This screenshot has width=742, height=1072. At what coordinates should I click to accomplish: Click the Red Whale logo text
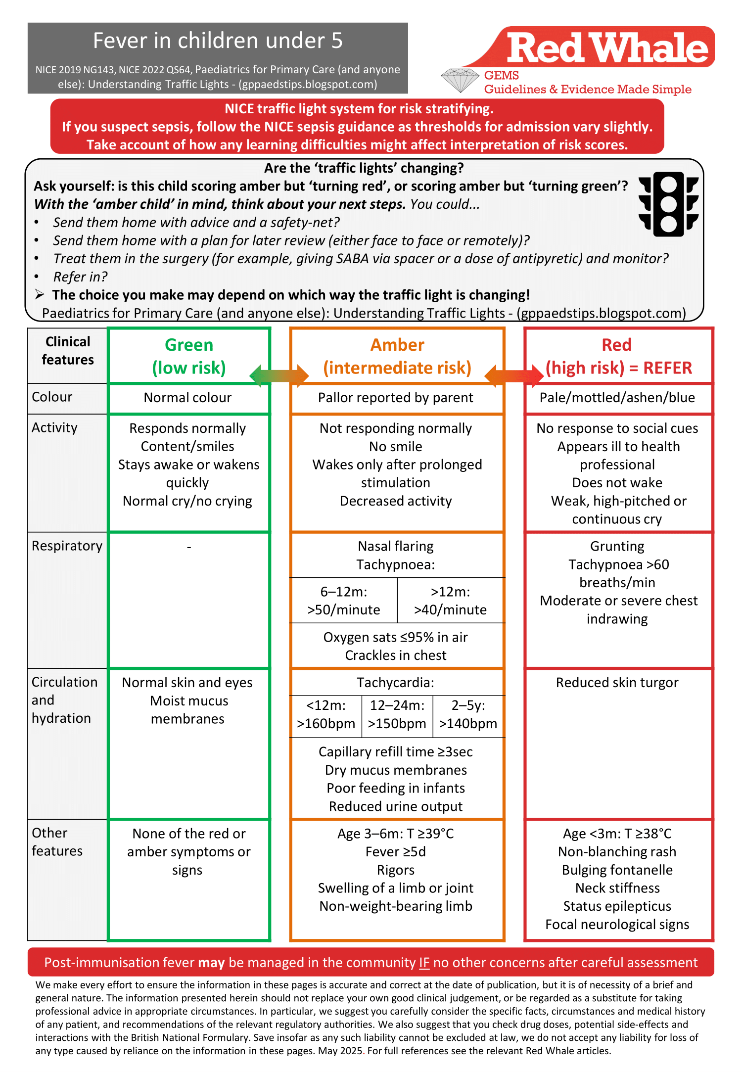(607, 48)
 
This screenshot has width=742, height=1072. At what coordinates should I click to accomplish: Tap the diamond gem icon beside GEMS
(460, 80)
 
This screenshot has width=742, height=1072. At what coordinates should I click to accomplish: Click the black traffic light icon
(668, 204)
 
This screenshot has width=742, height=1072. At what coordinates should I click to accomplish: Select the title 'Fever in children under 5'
(218, 41)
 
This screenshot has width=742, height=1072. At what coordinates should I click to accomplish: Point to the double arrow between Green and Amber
(279, 375)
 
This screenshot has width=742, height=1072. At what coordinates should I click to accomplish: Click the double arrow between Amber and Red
(514, 375)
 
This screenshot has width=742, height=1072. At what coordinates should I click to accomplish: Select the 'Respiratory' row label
(67, 546)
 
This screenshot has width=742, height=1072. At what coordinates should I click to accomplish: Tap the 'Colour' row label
(52, 397)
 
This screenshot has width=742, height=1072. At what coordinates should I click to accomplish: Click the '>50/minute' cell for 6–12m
(344, 609)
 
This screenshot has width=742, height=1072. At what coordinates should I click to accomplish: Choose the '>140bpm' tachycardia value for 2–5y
(468, 723)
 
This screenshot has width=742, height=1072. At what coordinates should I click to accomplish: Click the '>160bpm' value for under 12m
(326, 723)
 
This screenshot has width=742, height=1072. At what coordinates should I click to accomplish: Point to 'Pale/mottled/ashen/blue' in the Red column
(617, 397)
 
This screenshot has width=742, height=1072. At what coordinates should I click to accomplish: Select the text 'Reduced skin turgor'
(617, 682)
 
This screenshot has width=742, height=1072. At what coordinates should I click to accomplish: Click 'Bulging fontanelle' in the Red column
(617, 870)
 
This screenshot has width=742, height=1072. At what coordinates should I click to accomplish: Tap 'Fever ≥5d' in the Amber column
(396, 851)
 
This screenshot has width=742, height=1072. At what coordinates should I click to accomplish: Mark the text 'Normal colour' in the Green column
(187, 397)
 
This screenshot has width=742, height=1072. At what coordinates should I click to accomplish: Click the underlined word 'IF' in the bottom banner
(424, 962)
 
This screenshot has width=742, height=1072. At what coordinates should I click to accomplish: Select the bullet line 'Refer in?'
(80, 277)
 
